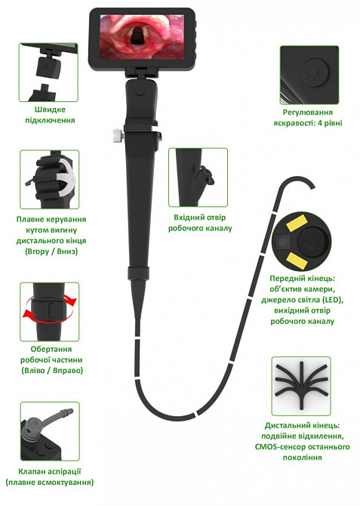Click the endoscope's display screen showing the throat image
point(142,36)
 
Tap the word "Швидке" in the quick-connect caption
point(50,110)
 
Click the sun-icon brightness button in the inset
point(315,73)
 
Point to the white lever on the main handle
point(116,134)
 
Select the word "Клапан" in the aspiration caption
point(31,471)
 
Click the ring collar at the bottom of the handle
point(139,273)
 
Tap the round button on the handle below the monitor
point(140,91)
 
